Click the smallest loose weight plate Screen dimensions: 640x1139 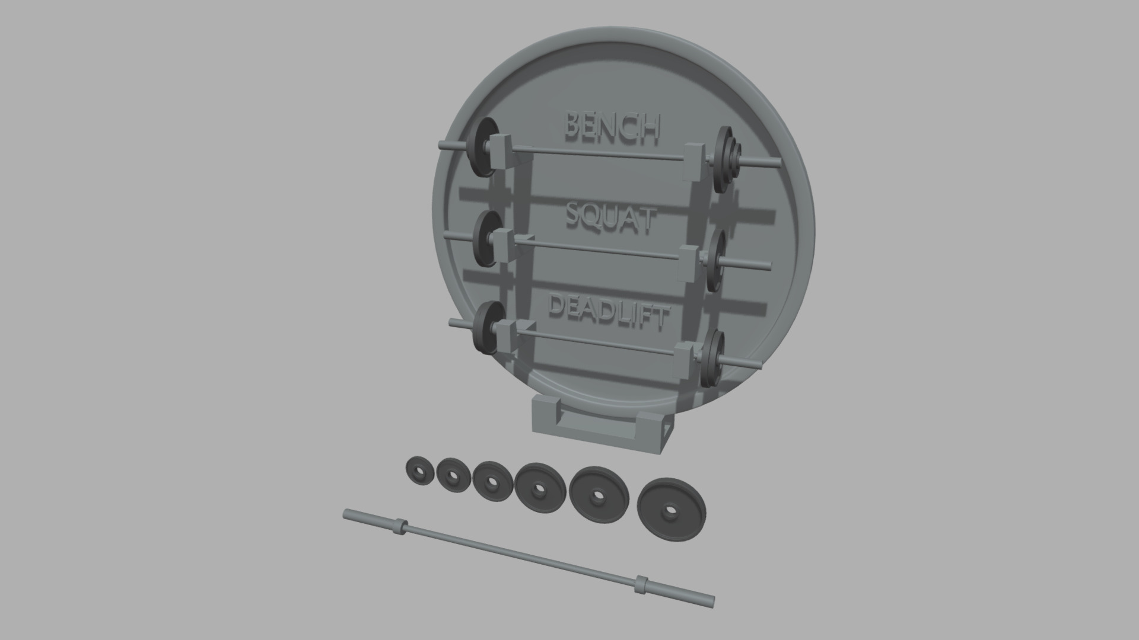click(x=420, y=471)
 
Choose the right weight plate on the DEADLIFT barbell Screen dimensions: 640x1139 click(x=711, y=358)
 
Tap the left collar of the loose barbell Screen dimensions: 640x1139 click(x=401, y=526)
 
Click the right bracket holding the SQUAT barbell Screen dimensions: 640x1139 click(x=688, y=263)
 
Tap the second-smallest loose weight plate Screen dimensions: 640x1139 click(x=454, y=476)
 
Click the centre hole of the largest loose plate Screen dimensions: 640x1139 click(x=670, y=509)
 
